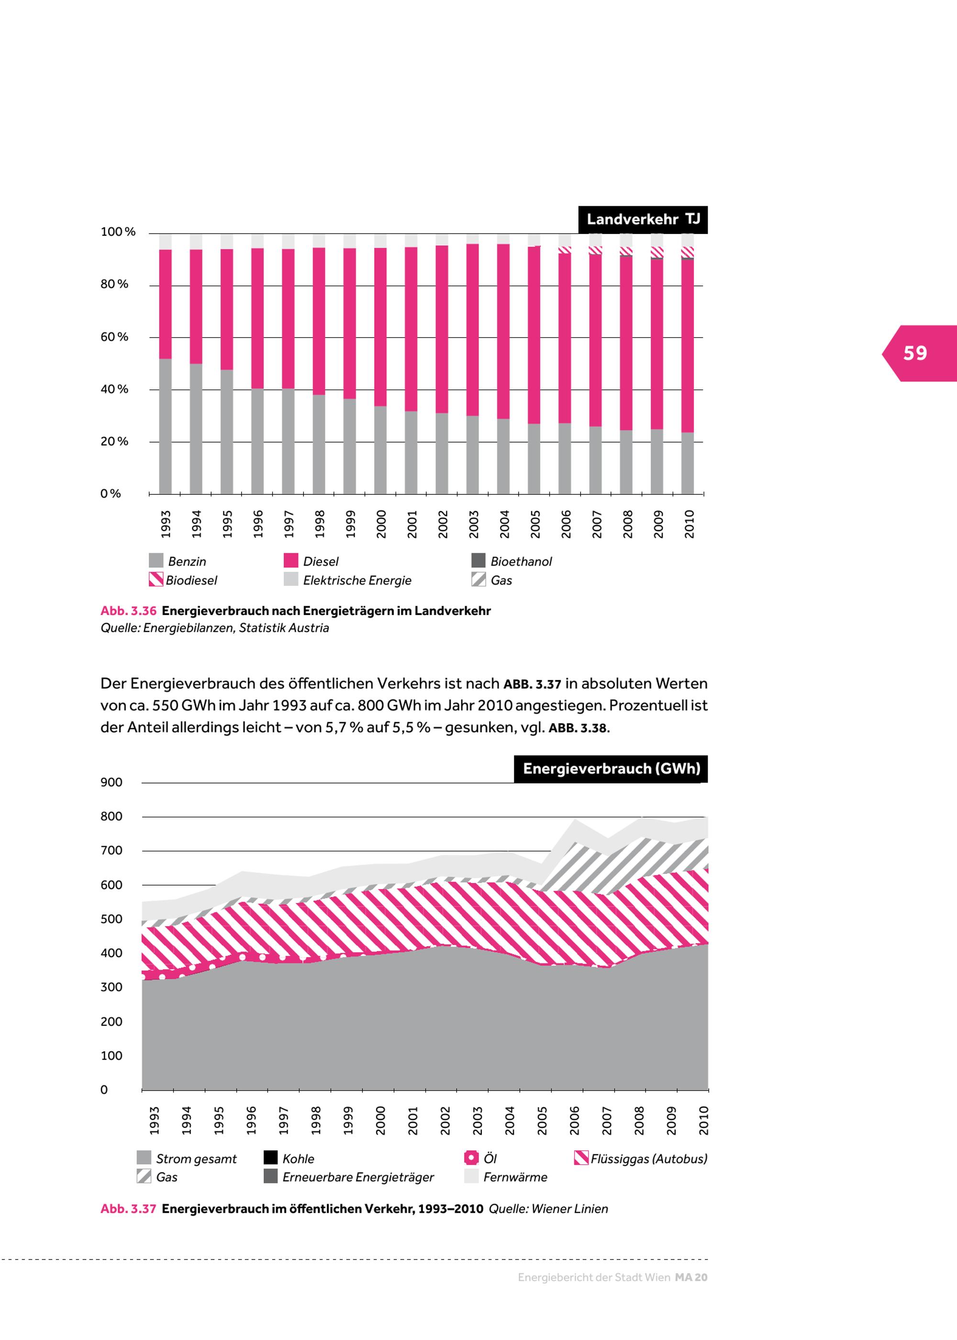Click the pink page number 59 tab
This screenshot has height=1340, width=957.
(917, 353)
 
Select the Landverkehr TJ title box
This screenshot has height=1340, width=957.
(643, 220)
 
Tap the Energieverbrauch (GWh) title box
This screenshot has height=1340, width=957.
(611, 769)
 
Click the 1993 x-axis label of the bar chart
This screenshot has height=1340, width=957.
(166, 524)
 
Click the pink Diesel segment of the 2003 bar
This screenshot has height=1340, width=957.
(473, 330)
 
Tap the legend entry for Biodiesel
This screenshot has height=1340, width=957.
(183, 581)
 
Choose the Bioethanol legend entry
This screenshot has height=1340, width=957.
(512, 561)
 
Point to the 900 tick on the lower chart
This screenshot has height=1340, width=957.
(112, 782)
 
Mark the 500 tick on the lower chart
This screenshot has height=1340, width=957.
(112, 919)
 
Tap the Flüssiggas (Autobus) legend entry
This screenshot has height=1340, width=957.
(641, 1159)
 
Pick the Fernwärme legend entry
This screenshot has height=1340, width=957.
(506, 1177)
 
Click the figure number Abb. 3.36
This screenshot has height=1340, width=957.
(128, 611)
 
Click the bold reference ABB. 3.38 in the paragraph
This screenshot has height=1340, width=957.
(578, 728)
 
